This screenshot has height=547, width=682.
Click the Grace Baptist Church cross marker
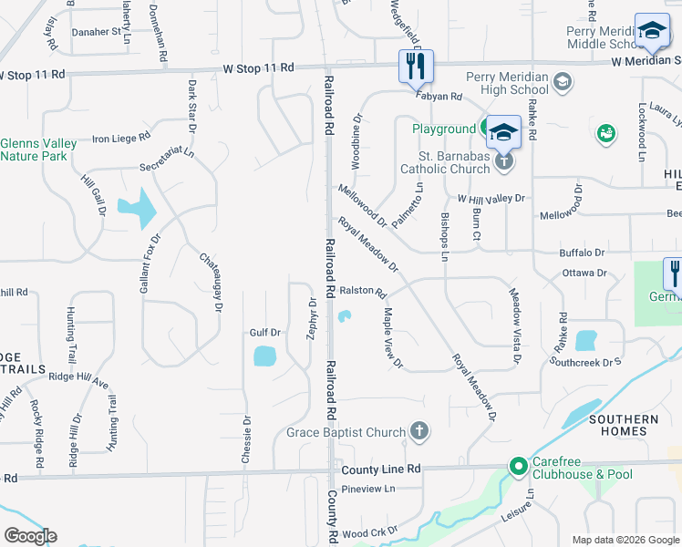418,431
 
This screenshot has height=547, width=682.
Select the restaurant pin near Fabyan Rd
415,66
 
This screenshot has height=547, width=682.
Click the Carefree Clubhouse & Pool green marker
519,466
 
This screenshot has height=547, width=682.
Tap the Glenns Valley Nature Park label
34,150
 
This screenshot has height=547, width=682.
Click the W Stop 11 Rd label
259,67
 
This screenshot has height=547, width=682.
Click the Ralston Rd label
363,292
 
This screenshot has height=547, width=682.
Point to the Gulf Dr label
264,334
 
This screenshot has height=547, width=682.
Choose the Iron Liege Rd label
120,139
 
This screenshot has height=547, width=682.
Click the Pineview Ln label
367,490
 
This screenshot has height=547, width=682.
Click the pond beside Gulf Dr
264,355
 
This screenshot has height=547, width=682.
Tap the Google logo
30,536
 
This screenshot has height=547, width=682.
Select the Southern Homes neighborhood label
623,426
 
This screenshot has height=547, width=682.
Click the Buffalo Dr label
582,252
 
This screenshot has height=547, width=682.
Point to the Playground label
444,129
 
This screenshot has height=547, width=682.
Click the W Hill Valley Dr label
491,198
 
